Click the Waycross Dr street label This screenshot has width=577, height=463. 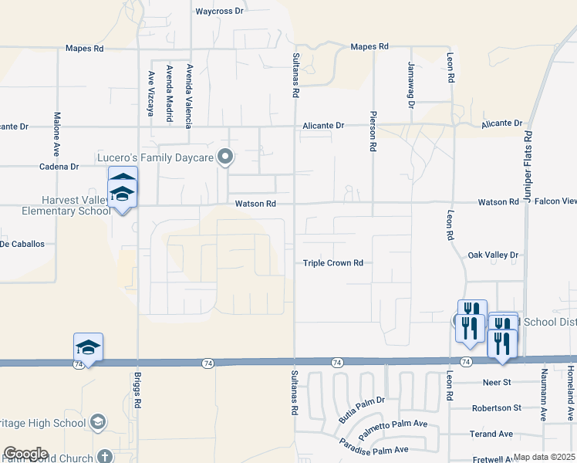tap(219, 12)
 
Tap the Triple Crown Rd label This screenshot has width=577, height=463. tap(332, 263)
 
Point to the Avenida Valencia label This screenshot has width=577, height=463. tap(188, 96)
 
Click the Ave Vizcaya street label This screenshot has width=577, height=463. tap(150, 93)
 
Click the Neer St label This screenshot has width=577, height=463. tap(496, 382)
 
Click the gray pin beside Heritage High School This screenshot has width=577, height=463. tap(98, 422)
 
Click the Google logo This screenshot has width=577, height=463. tap(25, 454)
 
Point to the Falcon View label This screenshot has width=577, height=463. tap(555, 201)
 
